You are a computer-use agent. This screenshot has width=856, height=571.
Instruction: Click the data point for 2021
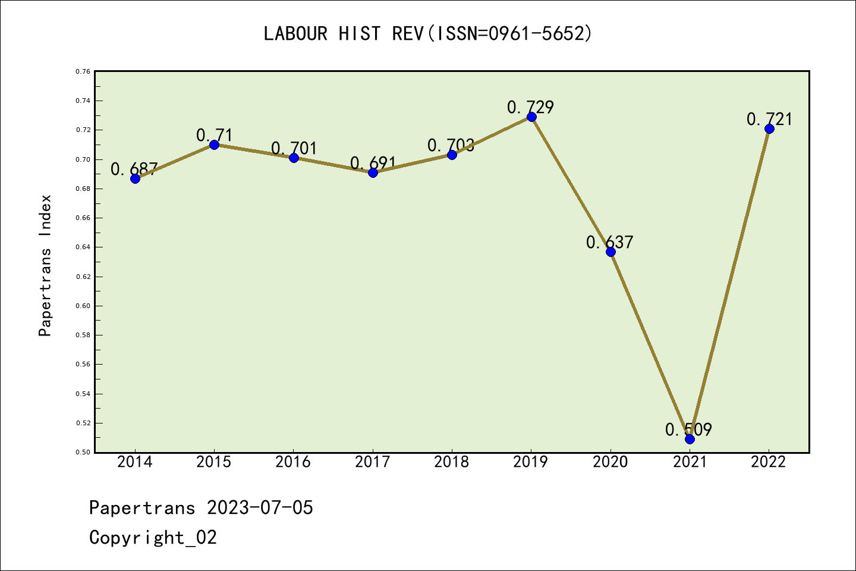pos(690,439)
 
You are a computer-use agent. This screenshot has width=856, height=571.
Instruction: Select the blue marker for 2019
pos(531,117)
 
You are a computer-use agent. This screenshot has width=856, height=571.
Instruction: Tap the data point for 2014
pos(135,178)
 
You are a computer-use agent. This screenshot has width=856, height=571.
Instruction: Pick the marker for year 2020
pos(610,252)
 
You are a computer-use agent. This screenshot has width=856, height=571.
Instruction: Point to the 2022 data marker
pos(769,128)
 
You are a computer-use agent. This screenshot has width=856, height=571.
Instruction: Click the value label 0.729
pos(530,107)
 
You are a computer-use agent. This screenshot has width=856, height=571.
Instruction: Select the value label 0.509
pos(688,429)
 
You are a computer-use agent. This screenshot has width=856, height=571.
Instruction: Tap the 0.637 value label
pos(609,242)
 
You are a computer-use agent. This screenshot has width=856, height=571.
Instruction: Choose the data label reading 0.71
pos(214,135)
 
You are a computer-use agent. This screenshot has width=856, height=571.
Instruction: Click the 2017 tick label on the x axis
pos(373,462)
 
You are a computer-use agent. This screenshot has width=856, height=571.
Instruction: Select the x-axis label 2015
pos(214,462)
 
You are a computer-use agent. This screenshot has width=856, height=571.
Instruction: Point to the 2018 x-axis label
pos(452,462)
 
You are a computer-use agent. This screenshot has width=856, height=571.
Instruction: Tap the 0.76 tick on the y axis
pos(83,71)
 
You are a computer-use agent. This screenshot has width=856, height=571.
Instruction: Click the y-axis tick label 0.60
pos(83,306)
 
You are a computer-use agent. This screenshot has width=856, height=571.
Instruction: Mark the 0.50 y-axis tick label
pos(83,452)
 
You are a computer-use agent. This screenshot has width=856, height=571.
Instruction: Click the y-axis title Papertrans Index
pos(45,265)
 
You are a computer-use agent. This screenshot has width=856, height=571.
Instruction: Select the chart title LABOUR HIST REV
pos(428,33)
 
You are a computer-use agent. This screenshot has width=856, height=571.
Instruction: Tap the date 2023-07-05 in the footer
pos(260,508)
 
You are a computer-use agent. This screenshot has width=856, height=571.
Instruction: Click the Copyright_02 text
pos(153,538)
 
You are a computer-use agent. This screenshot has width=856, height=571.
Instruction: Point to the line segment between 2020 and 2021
pos(650,345)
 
